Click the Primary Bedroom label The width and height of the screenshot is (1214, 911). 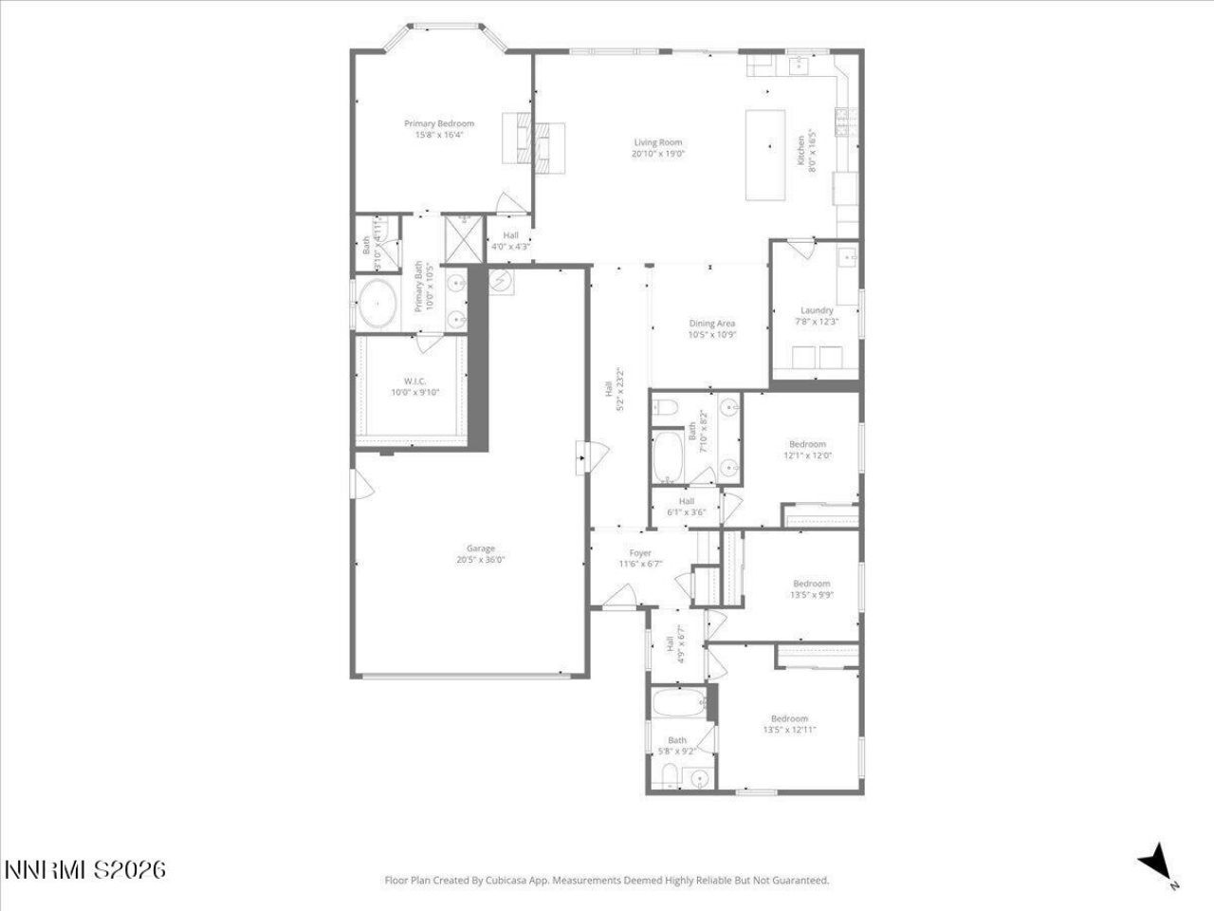pos(439,123)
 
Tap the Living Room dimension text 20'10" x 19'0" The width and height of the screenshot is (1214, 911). pos(658,154)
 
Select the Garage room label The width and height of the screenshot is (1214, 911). pos(480,548)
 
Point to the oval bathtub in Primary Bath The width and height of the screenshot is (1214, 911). pos(379,304)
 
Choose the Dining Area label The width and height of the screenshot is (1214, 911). pos(712,324)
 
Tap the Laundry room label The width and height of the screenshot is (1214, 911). pos(817,310)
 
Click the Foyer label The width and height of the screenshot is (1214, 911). pos(640,553)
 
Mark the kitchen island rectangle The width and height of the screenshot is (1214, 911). pos(765,155)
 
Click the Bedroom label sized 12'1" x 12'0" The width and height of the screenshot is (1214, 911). pos(807,444)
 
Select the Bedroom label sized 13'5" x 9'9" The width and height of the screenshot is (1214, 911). pos(811,584)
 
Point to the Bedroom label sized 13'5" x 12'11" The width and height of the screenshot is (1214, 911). pos(789,718)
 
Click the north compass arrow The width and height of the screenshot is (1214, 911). pos(1155,861)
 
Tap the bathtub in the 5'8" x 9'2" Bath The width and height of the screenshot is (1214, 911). pos(678,704)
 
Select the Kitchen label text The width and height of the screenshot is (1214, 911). pos(800,150)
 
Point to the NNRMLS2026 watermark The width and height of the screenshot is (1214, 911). pos(85,868)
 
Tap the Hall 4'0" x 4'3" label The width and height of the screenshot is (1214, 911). pos(510,235)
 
